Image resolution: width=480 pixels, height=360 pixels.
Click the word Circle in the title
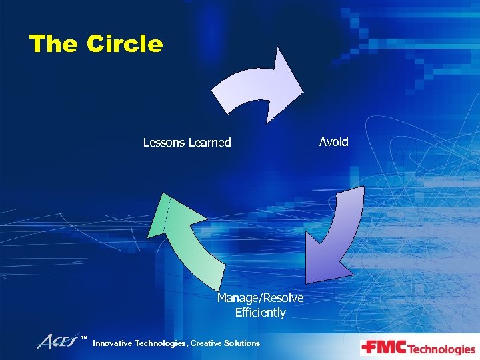pos(125,44)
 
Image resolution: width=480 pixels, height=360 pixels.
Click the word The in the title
pos(54,44)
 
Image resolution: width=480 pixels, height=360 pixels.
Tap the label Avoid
pos(333,141)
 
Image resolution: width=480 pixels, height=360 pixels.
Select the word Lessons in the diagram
pos(165,142)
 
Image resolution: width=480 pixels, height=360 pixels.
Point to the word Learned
pos(210,142)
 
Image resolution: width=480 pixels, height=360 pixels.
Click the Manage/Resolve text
pos(260,297)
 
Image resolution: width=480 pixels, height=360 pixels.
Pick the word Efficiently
pos(260,313)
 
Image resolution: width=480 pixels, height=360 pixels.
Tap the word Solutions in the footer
pos(243,343)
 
